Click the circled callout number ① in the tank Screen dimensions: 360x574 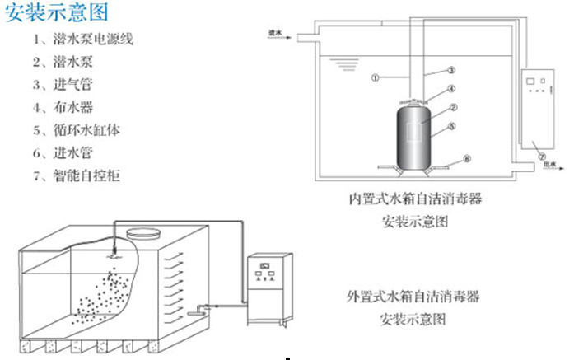[375, 79]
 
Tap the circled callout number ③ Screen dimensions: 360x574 [451, 71]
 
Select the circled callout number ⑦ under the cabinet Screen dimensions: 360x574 [540, 155]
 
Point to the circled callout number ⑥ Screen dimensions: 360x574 [466, 158]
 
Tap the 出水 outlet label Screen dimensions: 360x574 [548, 165]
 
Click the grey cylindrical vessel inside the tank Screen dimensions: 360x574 [420, 134]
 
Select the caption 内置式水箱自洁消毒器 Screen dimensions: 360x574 [414, 200]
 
